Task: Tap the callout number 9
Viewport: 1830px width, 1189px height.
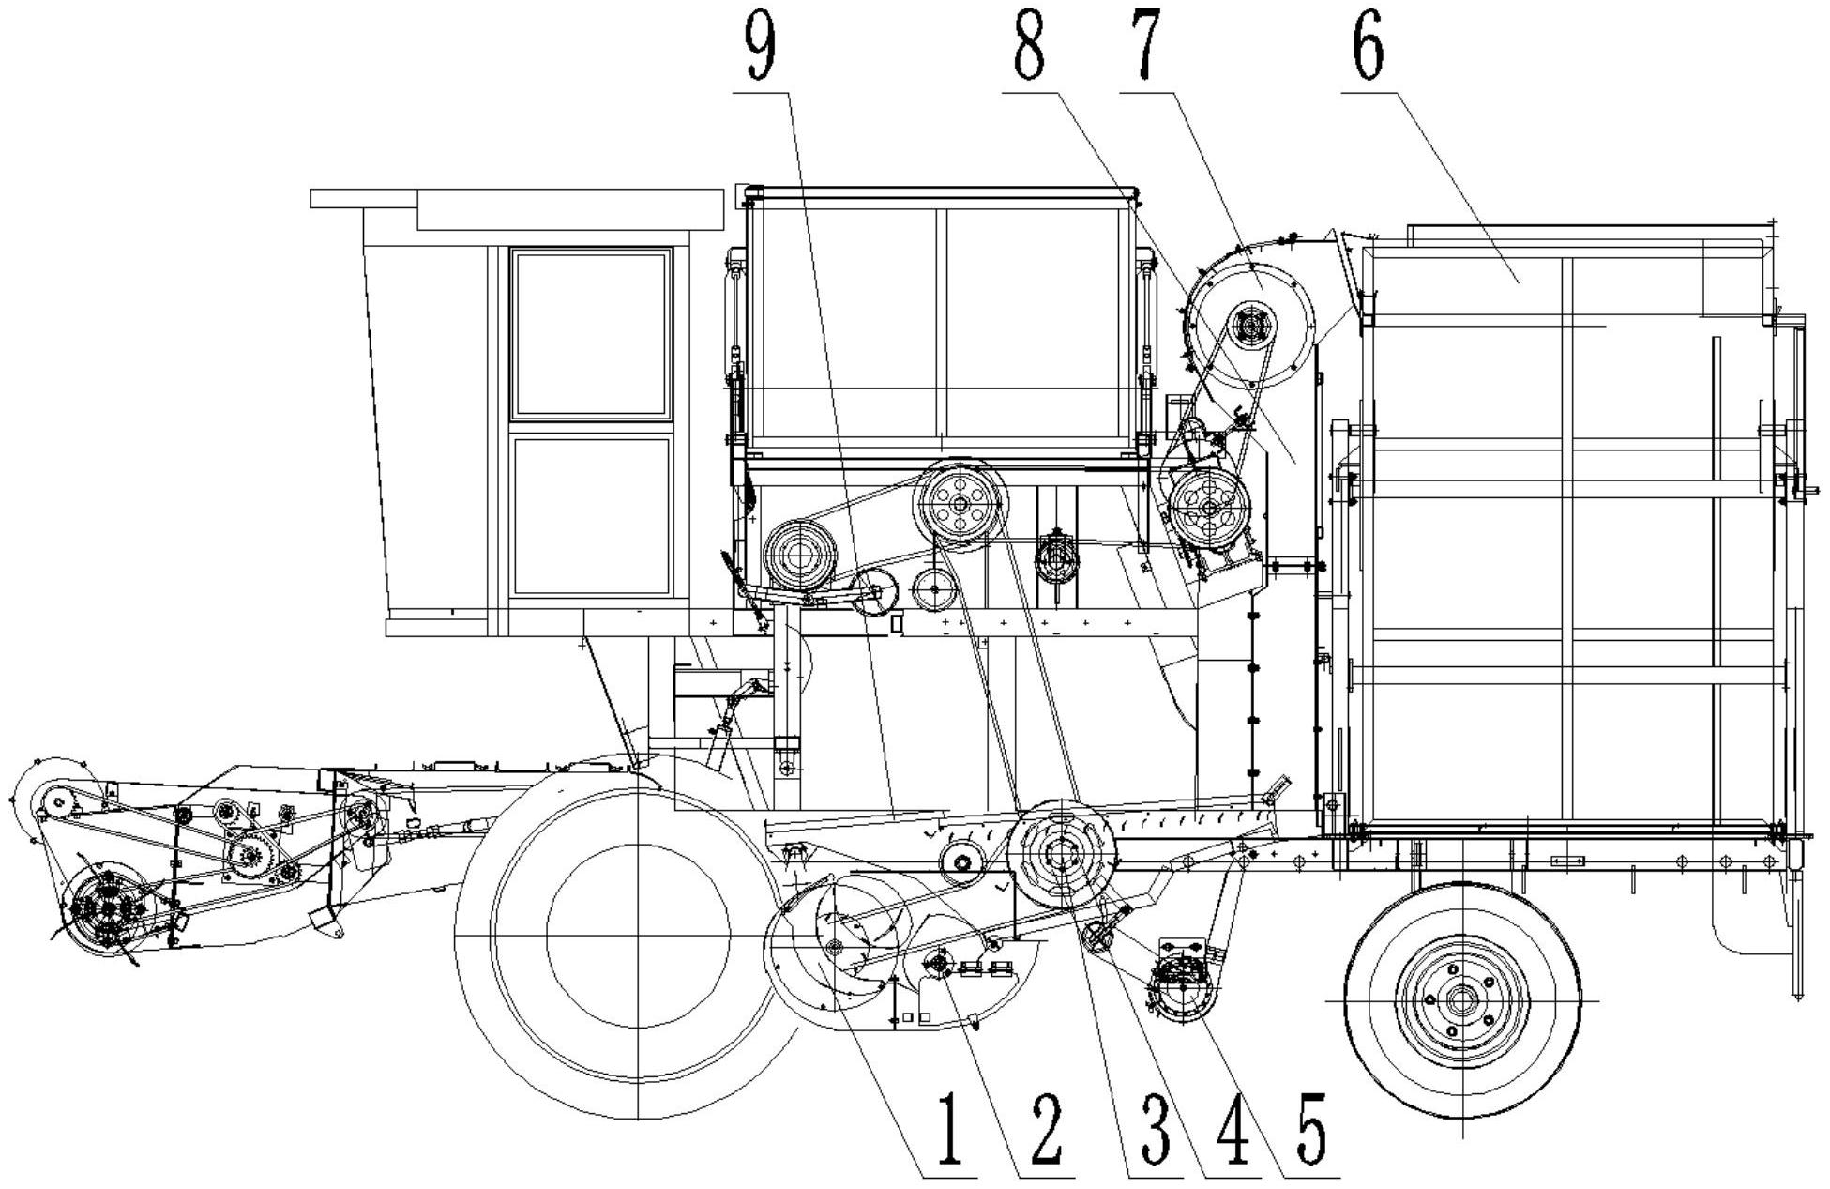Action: (761, 46)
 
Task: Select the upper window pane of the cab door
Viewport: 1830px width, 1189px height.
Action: (591, 333)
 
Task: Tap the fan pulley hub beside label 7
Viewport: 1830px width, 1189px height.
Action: (1250, 326)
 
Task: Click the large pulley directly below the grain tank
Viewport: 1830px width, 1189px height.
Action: (960, 504)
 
